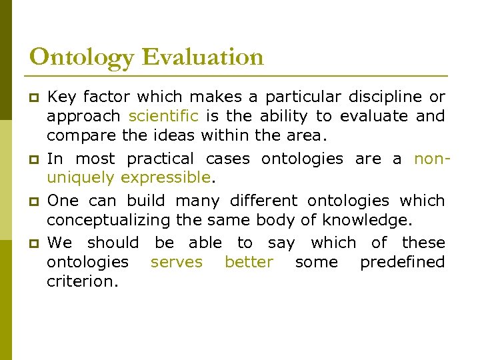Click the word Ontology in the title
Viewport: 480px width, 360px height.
point(82,57)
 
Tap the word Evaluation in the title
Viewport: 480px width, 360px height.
point(202,57)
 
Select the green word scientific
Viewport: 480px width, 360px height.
point(163,116)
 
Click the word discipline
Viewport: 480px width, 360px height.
point(373,97)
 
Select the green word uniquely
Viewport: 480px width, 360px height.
point(79,178)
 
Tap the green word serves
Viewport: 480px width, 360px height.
point(176,262)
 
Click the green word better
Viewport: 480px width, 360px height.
point(249,262)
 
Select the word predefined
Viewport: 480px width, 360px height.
point(402,262)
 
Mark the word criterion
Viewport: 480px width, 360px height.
point(82,281)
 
